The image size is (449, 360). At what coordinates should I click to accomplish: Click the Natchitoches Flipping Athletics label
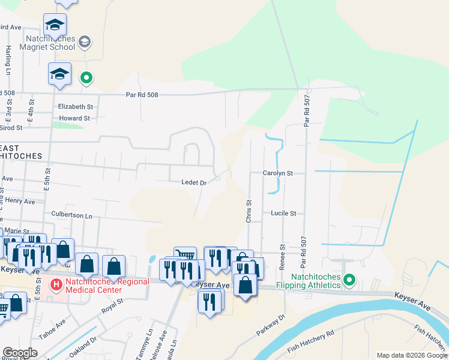316,281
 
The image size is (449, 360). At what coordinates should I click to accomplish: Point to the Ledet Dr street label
194,182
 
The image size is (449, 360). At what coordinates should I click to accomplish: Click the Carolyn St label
277,173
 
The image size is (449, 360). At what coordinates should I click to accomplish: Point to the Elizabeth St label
76,106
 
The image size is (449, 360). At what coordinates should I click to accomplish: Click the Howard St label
74,118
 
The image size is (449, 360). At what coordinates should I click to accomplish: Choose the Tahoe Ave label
52,328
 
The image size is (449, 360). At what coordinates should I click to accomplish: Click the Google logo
19,353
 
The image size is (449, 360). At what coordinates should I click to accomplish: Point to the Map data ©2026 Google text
412,355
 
